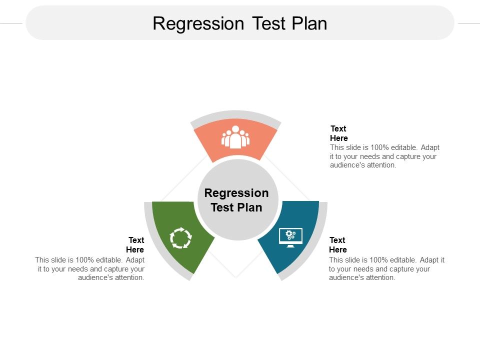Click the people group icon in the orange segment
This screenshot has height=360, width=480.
pos(235,137)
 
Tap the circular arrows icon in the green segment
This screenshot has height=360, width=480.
pos(180,237)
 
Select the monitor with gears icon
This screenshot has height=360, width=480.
pos(290,237)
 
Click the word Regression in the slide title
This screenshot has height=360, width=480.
pos(198,23)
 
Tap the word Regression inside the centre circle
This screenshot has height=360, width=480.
pos(236,193)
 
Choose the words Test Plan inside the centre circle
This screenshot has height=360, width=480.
pos(236,207)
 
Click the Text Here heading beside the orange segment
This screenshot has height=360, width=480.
pos(339,133)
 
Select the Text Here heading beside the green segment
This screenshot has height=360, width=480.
pos(135,245)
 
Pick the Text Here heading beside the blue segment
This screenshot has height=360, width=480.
pos(338,245)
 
